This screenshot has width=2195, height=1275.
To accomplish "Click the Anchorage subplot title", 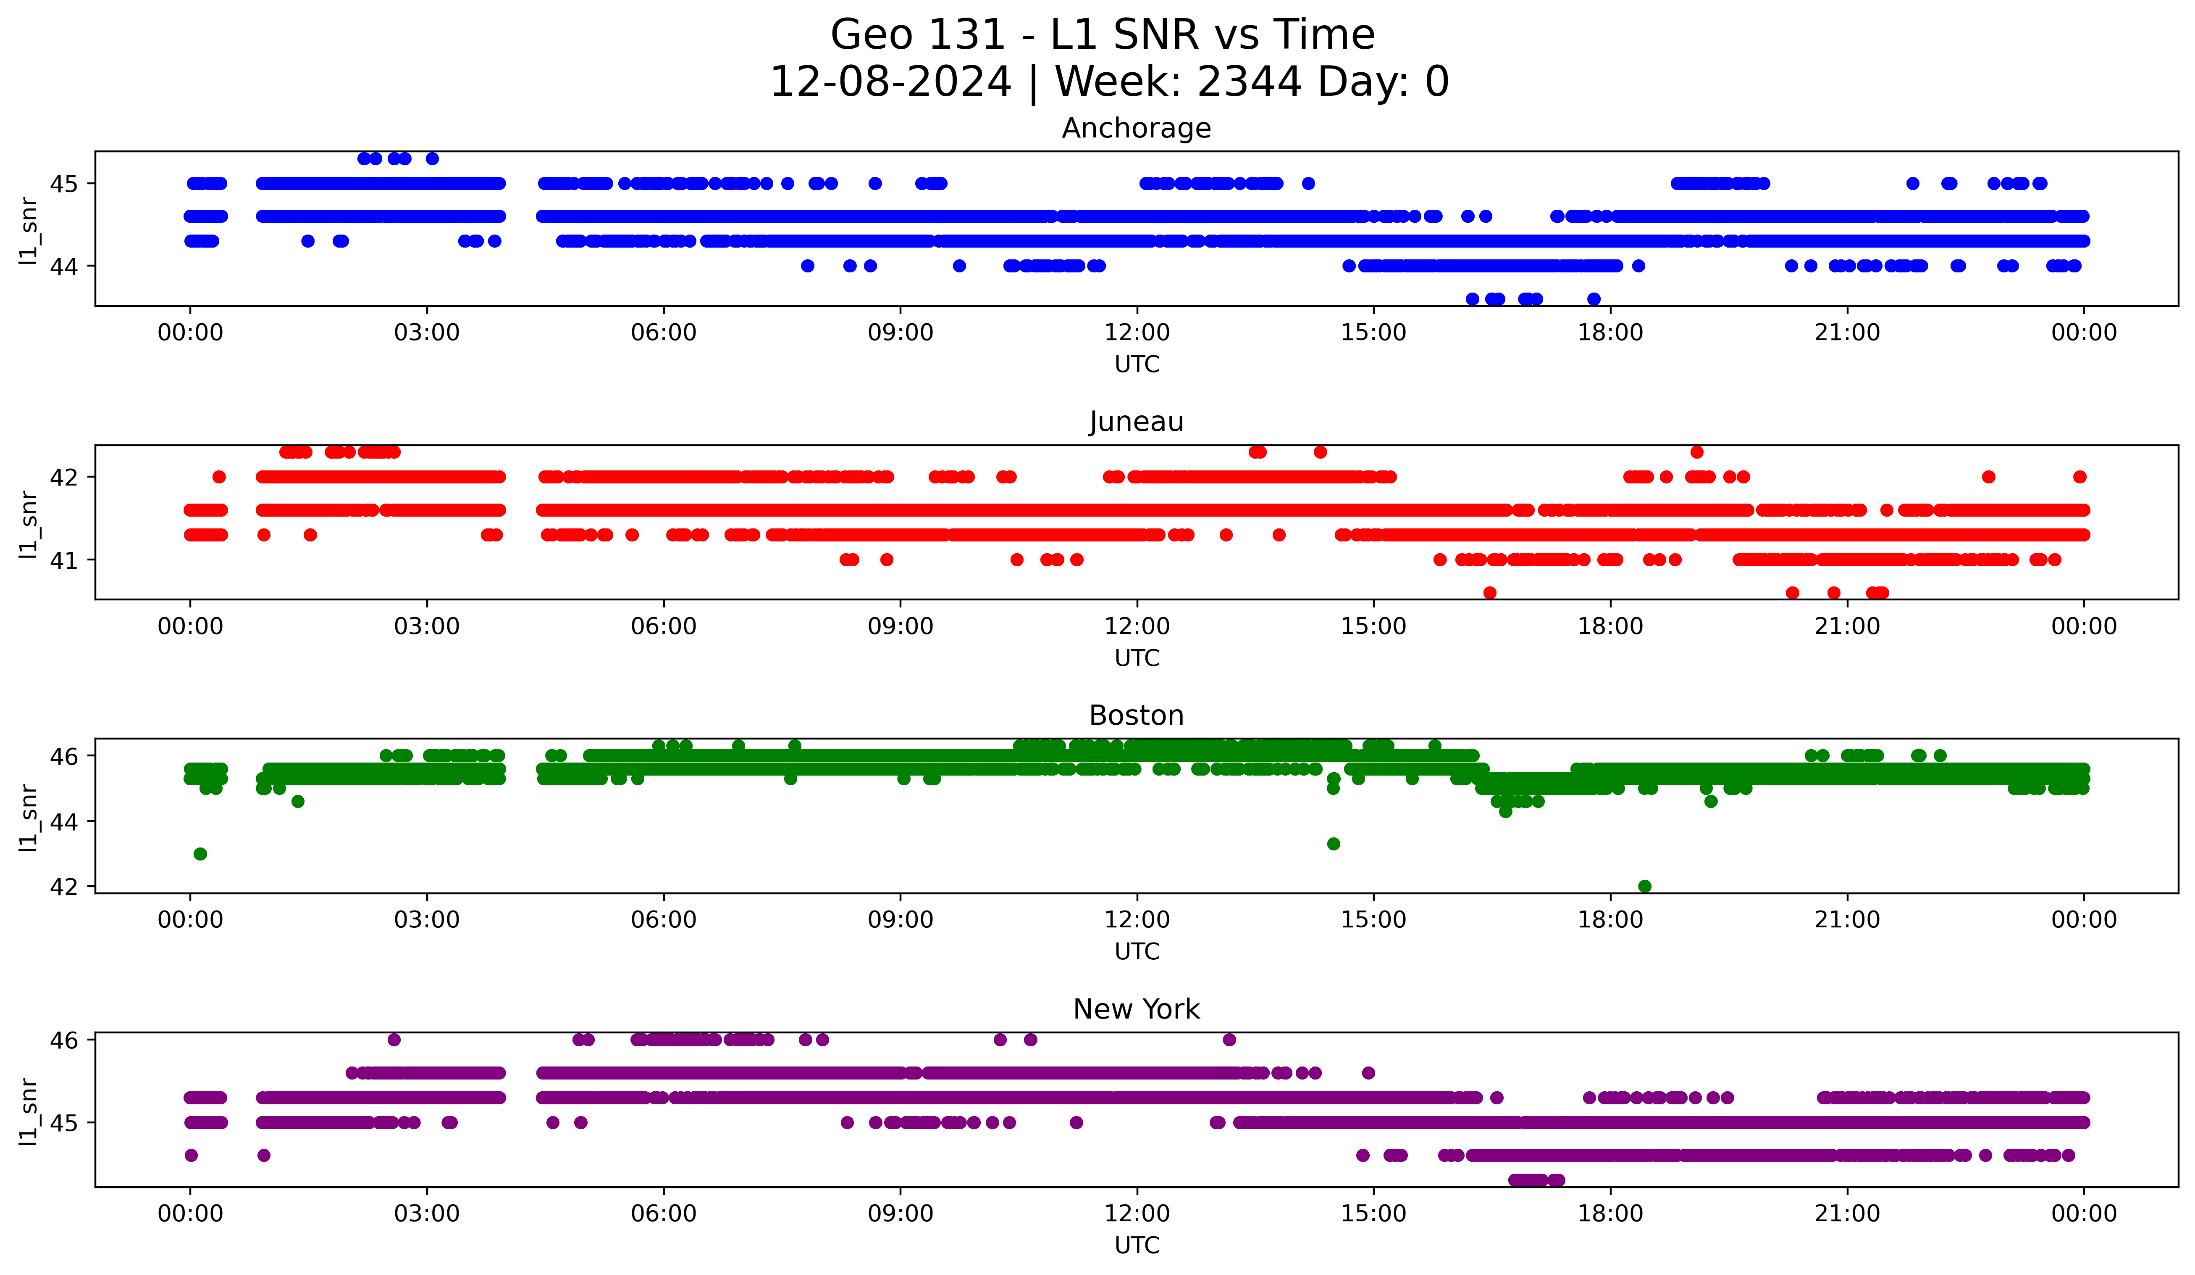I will point(1136,128).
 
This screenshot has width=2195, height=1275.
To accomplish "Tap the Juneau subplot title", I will point(1136,422).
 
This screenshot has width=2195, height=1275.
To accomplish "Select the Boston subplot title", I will point(1136,715).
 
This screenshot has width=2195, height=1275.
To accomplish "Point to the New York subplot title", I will point(1136,1009).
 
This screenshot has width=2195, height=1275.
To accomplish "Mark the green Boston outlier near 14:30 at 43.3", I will point(1333,844).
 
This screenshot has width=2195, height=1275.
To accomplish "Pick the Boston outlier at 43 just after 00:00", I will point(200,854).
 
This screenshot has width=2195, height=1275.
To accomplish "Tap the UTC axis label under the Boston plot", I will point(1137,952).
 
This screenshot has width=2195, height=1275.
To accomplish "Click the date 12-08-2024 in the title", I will point(890,82).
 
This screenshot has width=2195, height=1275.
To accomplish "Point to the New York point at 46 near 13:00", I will point(1229,1040).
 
